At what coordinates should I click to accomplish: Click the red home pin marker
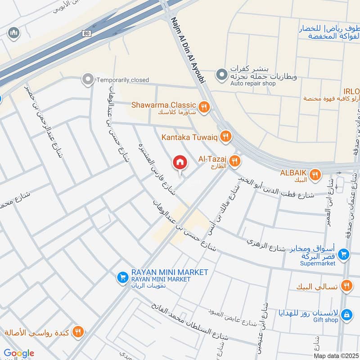[x=180, y=162]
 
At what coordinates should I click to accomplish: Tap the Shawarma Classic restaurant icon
[x=204, y=107]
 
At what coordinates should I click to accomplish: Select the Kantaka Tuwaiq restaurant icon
[x=226, y=136]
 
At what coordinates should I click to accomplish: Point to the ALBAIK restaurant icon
[x=315, y=174]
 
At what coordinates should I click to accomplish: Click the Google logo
[x=19, y=353]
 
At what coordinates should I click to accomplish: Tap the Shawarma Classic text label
[x=164, y=105]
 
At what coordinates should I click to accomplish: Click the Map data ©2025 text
[x=335, y=355]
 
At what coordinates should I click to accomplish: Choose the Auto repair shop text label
[x=253, y=84]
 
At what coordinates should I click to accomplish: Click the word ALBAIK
[x=293, y=173]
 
